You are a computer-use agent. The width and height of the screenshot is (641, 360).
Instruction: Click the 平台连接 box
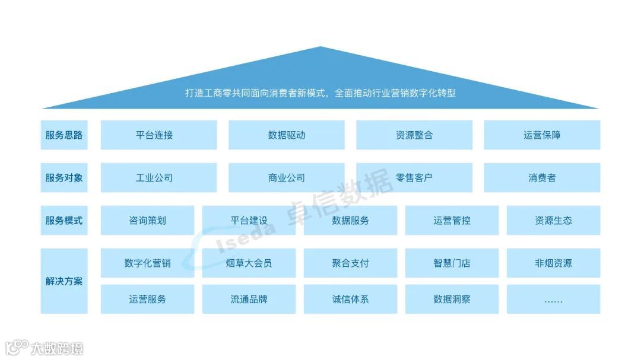(x=158, y=135)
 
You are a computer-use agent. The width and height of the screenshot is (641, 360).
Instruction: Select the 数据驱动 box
(x=286, y=135)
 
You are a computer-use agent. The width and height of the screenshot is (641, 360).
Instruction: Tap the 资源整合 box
(x=414, y=135)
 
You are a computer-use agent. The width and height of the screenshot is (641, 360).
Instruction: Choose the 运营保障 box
(x=542, y=135)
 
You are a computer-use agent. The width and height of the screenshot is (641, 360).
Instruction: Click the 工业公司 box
(x=158, y=177)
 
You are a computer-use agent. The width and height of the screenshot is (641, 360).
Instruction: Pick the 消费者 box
(x=542, y=177)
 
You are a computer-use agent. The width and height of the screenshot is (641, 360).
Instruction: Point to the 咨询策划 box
(x=147, y=220)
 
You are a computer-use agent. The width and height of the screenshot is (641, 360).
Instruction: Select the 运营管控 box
(x=452, y=220)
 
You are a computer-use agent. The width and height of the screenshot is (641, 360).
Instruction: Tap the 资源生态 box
(x=553, y=220)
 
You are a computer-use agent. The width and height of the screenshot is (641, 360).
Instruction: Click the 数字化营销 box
(x=147, y=263)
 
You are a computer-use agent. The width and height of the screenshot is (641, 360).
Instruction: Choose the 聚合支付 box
(x=350, y=263)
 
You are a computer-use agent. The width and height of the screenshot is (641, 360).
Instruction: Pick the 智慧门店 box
(x=452, y=263)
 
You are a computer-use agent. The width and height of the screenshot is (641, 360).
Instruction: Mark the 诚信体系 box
(x=350, y=299)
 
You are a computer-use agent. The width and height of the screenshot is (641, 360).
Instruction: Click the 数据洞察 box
(x=452, y=299)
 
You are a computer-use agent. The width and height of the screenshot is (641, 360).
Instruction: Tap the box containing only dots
(x=553, y=299)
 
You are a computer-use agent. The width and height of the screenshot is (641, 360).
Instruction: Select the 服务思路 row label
(x=64, y=135)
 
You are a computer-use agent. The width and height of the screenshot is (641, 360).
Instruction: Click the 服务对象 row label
(x=64, y=177)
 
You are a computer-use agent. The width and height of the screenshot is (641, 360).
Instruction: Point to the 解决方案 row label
(x=64, y=281)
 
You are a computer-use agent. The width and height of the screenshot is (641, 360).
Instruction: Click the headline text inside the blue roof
(x=320, y=93)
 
